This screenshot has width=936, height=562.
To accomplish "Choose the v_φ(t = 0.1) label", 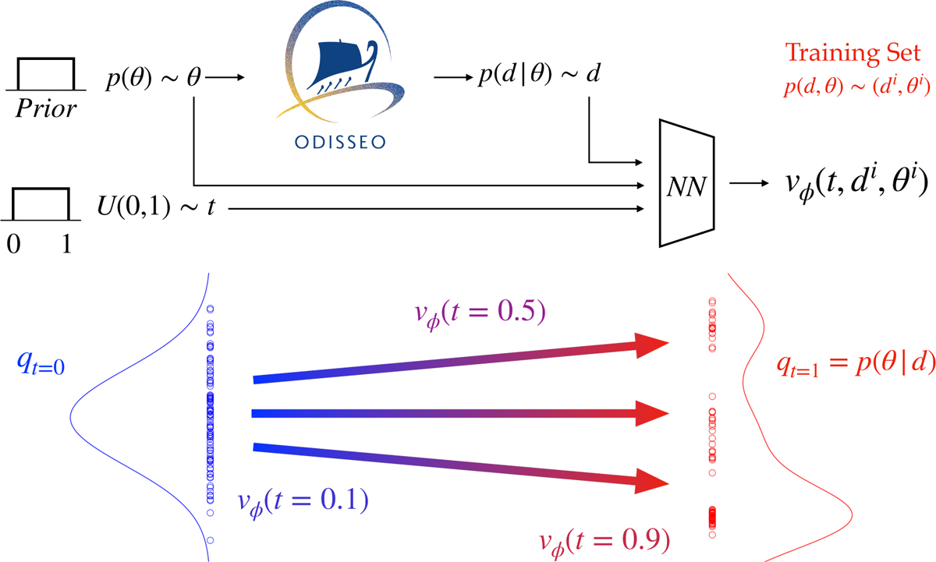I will [301, 500].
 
